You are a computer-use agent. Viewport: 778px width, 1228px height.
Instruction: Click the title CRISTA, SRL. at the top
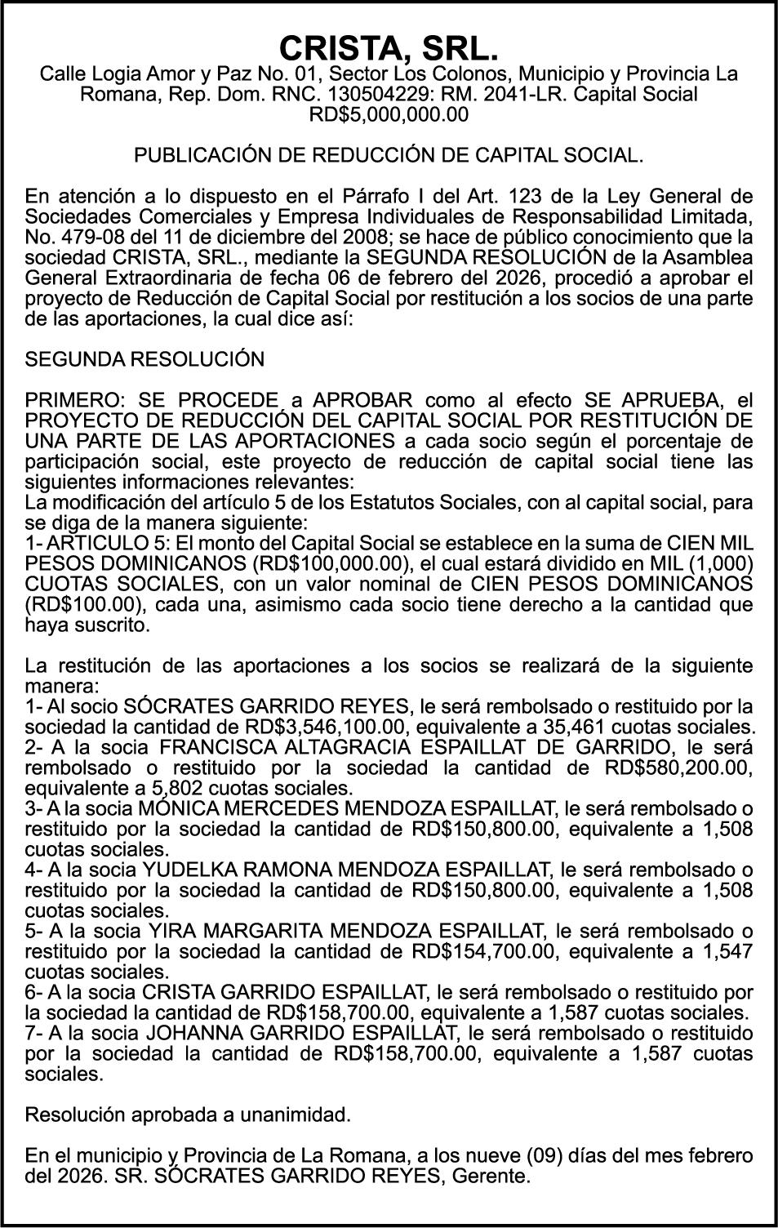click(x=389, y=49)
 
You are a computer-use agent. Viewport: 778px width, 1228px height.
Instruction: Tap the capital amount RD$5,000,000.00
click(x=389, y=115)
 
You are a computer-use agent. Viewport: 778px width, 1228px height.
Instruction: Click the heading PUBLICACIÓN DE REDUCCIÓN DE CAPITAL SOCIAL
click(x=389, y=155)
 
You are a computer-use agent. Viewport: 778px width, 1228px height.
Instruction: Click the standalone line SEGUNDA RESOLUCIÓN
click(x=145, y=359)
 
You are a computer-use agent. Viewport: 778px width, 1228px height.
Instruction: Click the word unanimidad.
click(x=298, y=1115)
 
